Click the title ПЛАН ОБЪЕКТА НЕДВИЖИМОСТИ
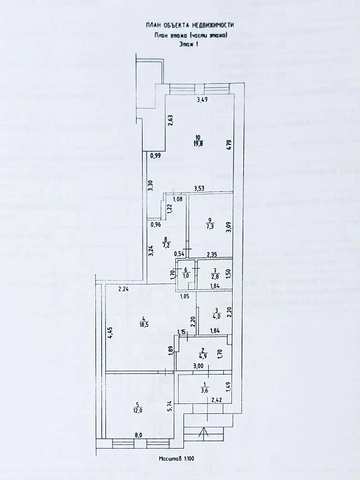[190, 25]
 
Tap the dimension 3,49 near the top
[201, 100]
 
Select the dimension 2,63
[171, 121]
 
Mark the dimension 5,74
[171, 404]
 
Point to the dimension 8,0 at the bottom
[139, 435]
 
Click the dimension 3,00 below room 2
[198, 367]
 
